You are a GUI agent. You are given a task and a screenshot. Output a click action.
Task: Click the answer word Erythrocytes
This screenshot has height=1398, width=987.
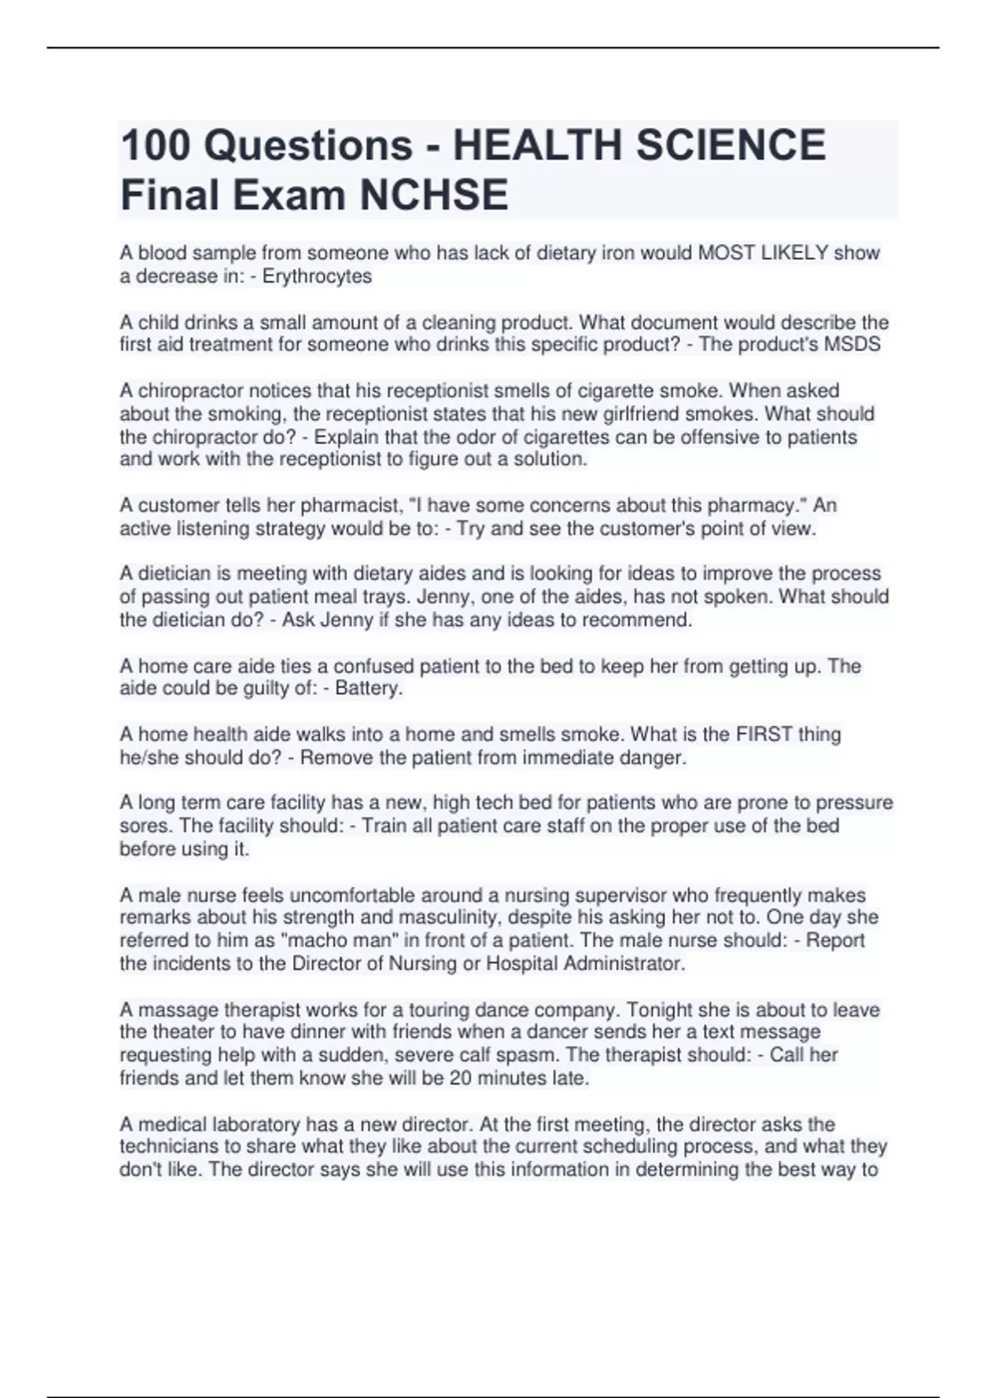pyautogui.click(x=317, y=276)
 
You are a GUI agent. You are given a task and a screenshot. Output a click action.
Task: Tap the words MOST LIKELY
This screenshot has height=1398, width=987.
pyautogui.click(x=762, y=253)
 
